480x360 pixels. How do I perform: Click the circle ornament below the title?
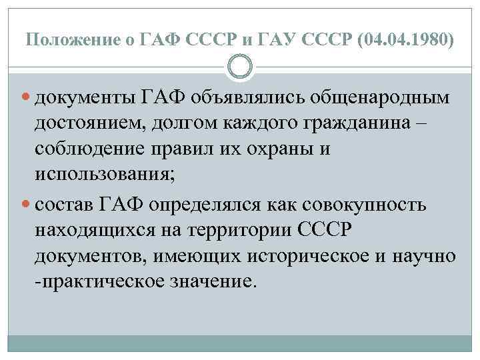coord(240,67)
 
